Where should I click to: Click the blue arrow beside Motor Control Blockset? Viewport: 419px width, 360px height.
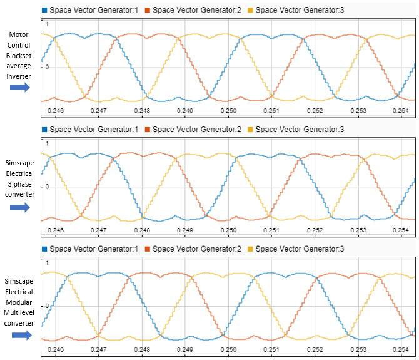pyautogui.click(x=19, y=88)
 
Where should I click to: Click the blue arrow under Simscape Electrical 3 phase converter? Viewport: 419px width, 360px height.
pyautogui.click(x=19, y=207)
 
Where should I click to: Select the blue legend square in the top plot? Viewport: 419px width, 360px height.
pyautogui.click(x=44, y=9)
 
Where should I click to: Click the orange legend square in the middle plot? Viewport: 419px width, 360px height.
pyautogui.click(x=147, y=129)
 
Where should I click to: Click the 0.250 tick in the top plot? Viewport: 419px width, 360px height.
pyautogui.click(x=231, y=110)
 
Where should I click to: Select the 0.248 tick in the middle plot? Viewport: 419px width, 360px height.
pyautogui.click(x=143, y=230)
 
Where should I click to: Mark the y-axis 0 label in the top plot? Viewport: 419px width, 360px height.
pyautogui.click(x=45, y=67)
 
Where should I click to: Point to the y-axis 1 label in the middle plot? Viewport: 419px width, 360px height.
pyautogui.click(x=46, y=143)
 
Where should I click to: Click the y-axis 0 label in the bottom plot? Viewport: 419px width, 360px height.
pyautogui.click(x=45, y=306)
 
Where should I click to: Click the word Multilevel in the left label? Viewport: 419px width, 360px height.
pyautogui.click(x=19, y=313)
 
